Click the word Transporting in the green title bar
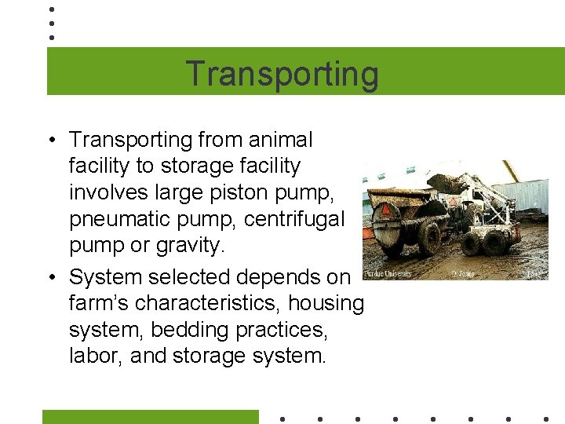coord(282,74)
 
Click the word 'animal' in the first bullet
coord(278,140)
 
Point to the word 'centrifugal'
coord(302,219)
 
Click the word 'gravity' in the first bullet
coord(184,246)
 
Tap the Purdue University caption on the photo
coord(388,274)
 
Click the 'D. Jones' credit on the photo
coord(463,274)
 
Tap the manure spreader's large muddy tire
coord(428,238)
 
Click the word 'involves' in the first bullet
coord(106,192)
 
